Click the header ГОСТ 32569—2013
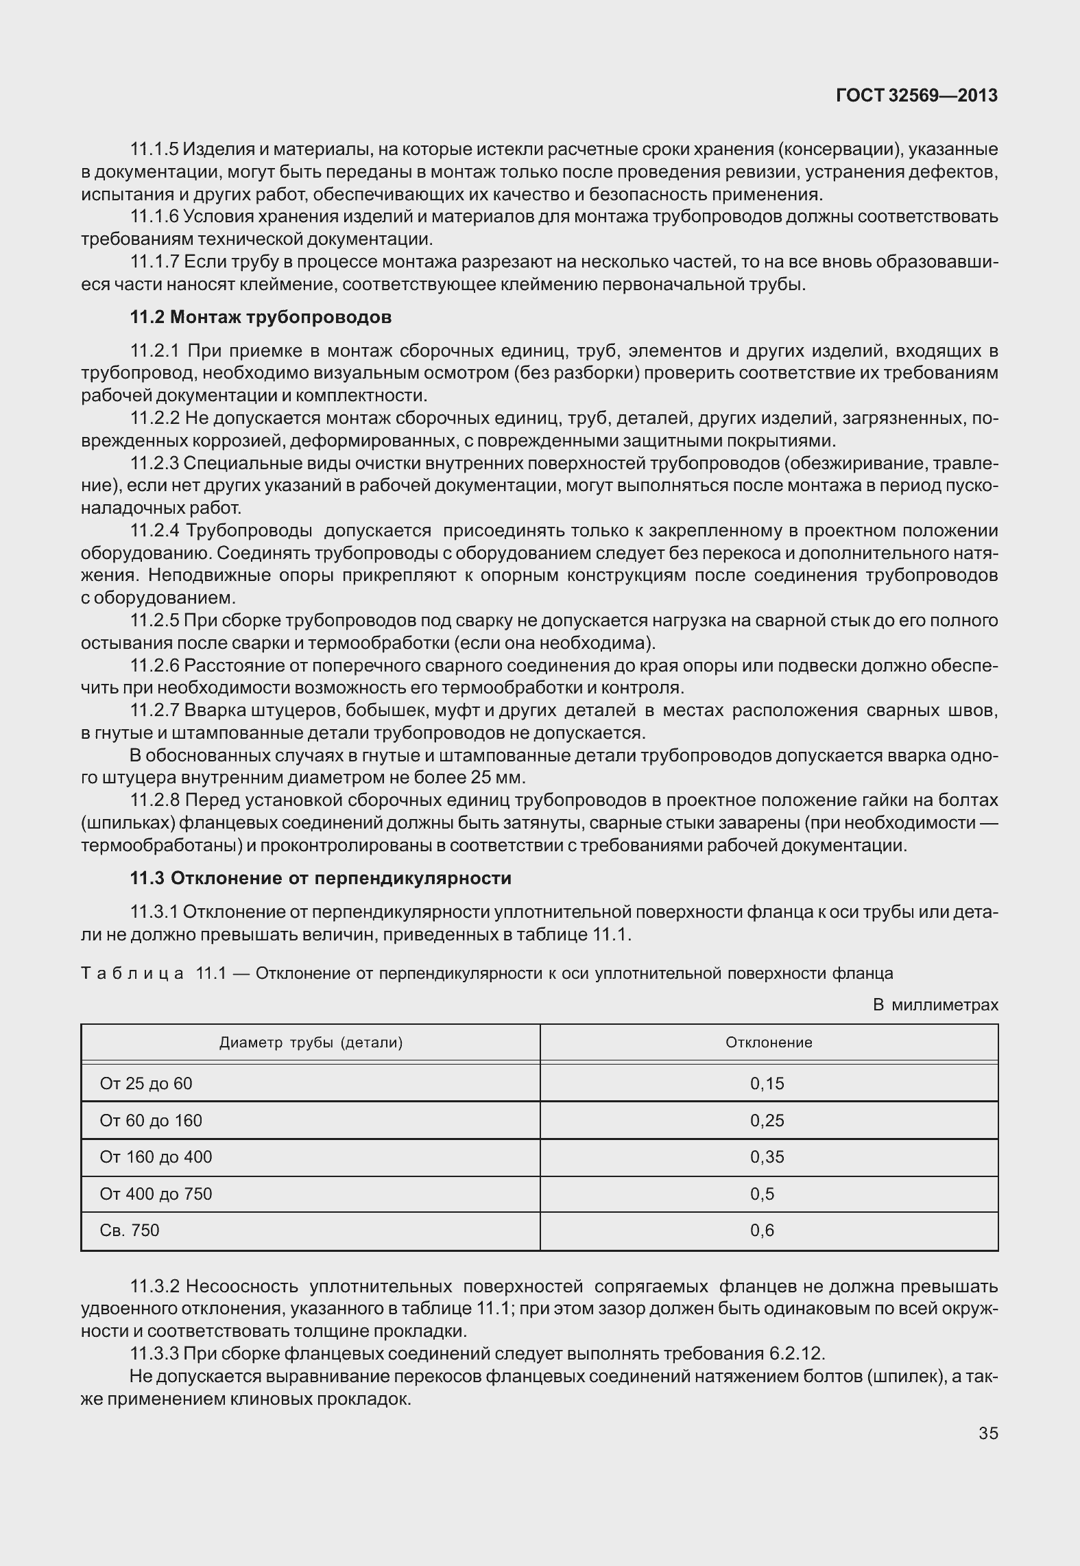point(916,96)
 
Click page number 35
point(987,1433)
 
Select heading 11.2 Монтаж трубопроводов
point(261,317)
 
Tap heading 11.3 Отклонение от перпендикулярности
point(321,878)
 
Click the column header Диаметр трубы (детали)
point(311,1043)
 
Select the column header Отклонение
point(769,1043)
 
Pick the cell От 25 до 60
point(146,1083)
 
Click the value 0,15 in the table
point(767,1083)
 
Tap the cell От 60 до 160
point(151,1120)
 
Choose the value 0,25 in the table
point(767,1120)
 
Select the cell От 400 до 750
point(156,1194)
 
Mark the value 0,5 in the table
point(762,1194)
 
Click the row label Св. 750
point(130,1230)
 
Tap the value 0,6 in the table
point(762,1230)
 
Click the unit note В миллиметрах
point(935,1005)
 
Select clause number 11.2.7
point(155,710)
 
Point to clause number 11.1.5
point(155,149)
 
